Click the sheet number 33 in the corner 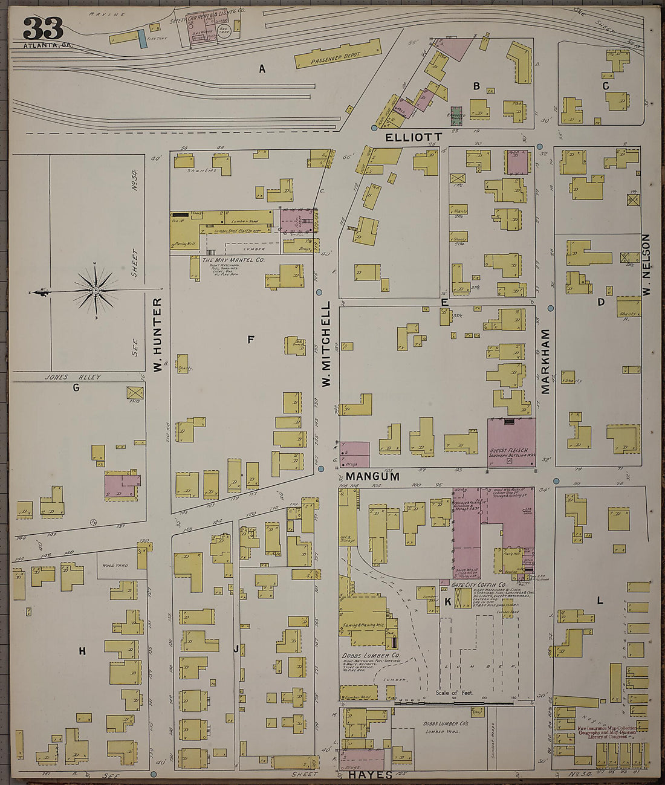[x=43, y=28]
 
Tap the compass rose [x=95, y=291]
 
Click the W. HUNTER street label [x=158, y=334]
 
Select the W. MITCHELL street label [x=326, y=344]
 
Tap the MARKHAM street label [x=545, y=361]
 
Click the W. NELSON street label [x=646, y=265]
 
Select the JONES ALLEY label [x=72, y=377]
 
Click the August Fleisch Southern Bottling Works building [x=511, y=442]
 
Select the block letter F [x=250, y=340]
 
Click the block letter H [x=82, y=651]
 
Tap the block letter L [x=600, y=601]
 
